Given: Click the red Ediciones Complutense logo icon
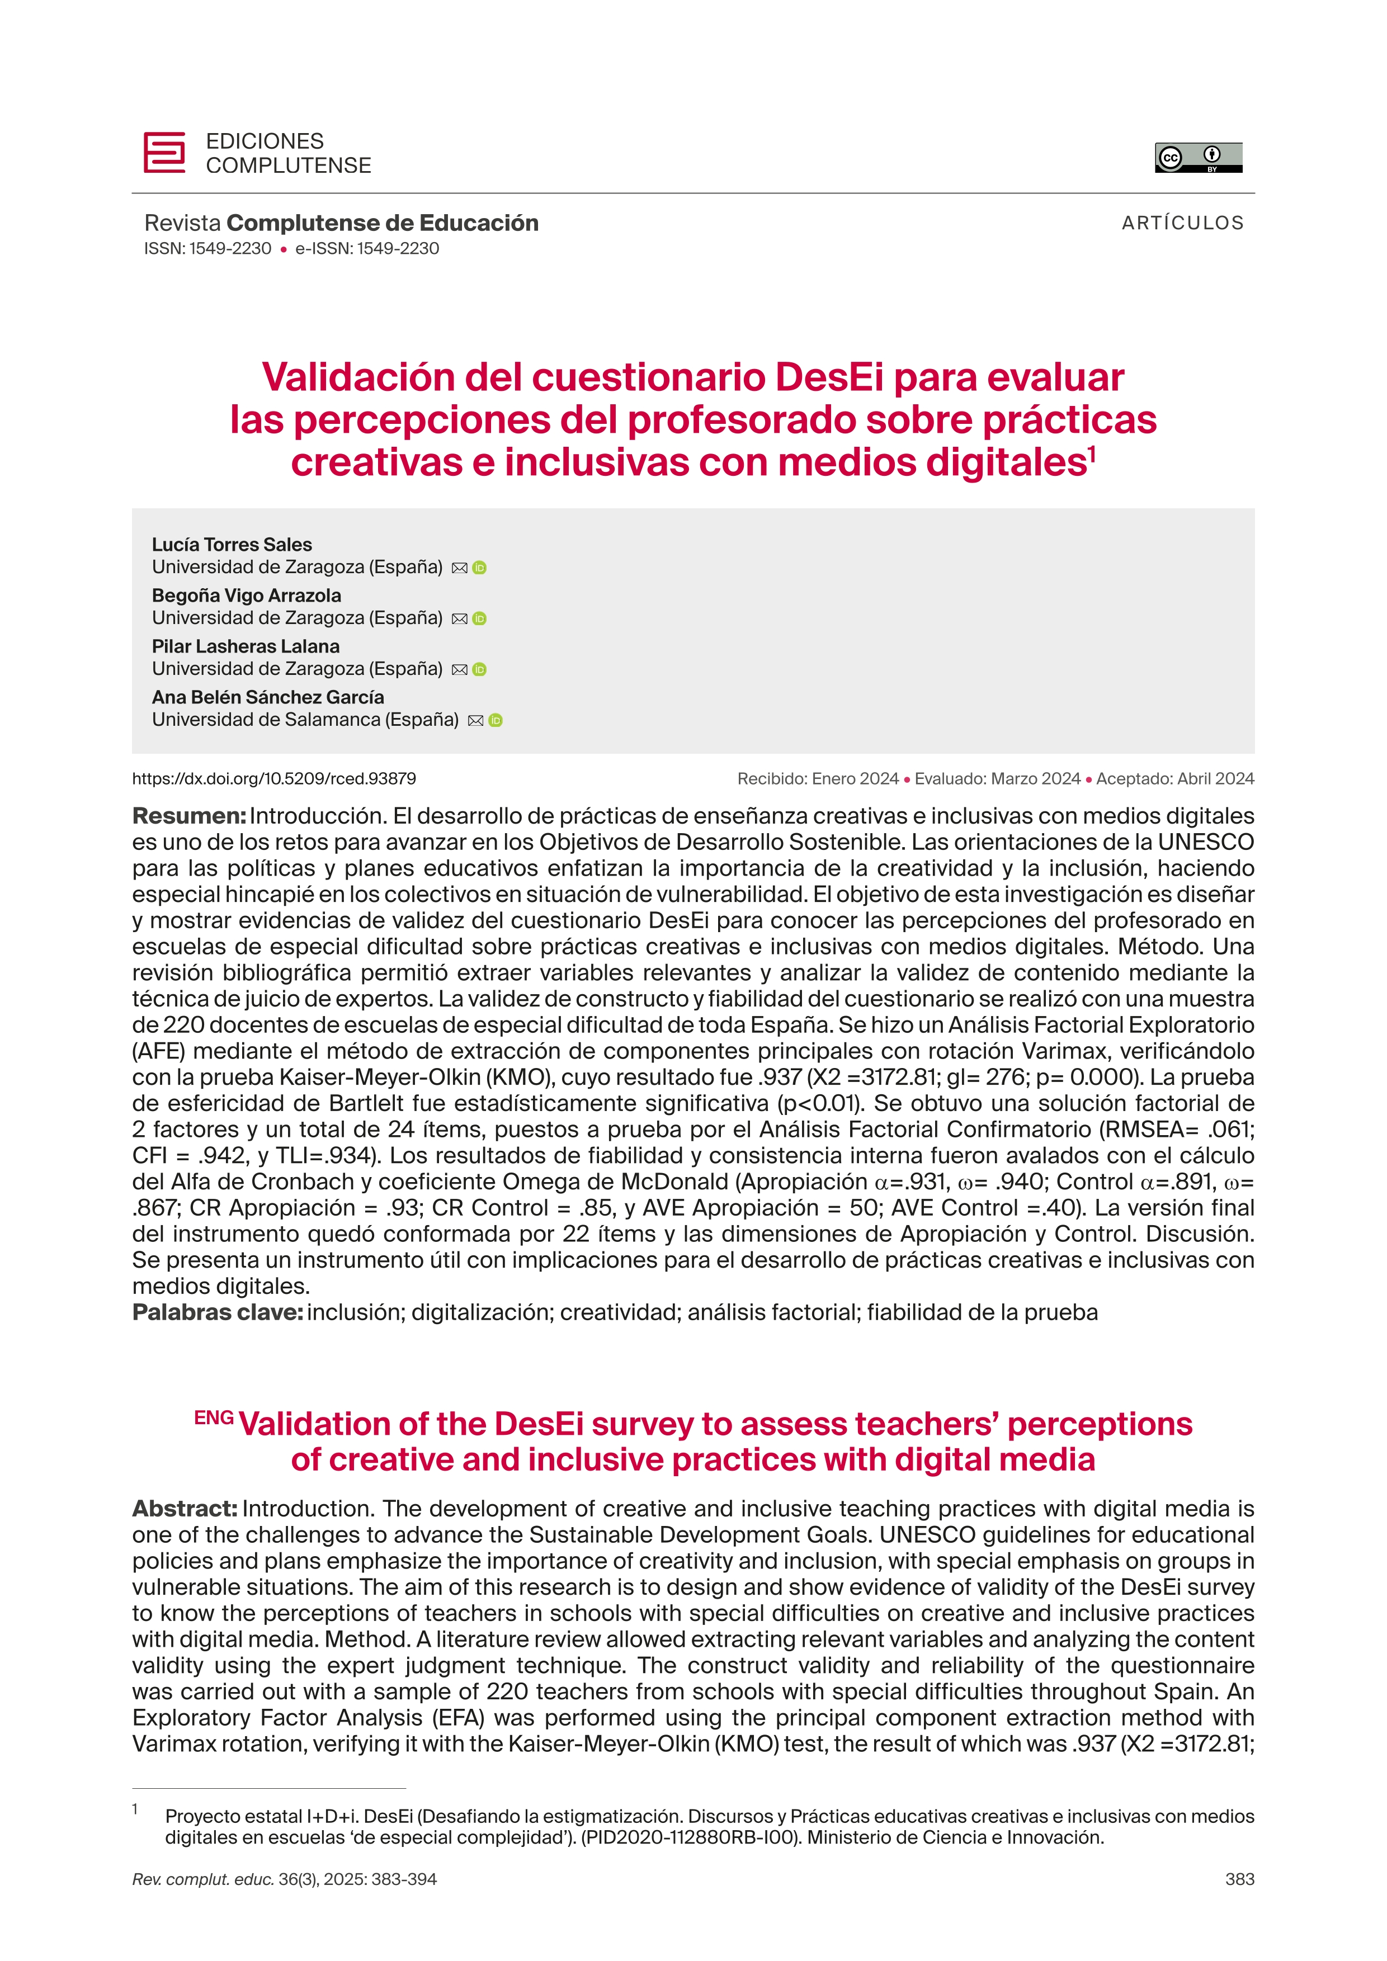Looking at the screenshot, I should [164, 153].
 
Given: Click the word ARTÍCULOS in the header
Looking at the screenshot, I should [1182, 223].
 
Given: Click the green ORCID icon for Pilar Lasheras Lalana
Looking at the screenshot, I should [479, 670].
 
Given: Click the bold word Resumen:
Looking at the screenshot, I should [188, 816].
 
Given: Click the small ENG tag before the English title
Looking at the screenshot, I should [214, 1418].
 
